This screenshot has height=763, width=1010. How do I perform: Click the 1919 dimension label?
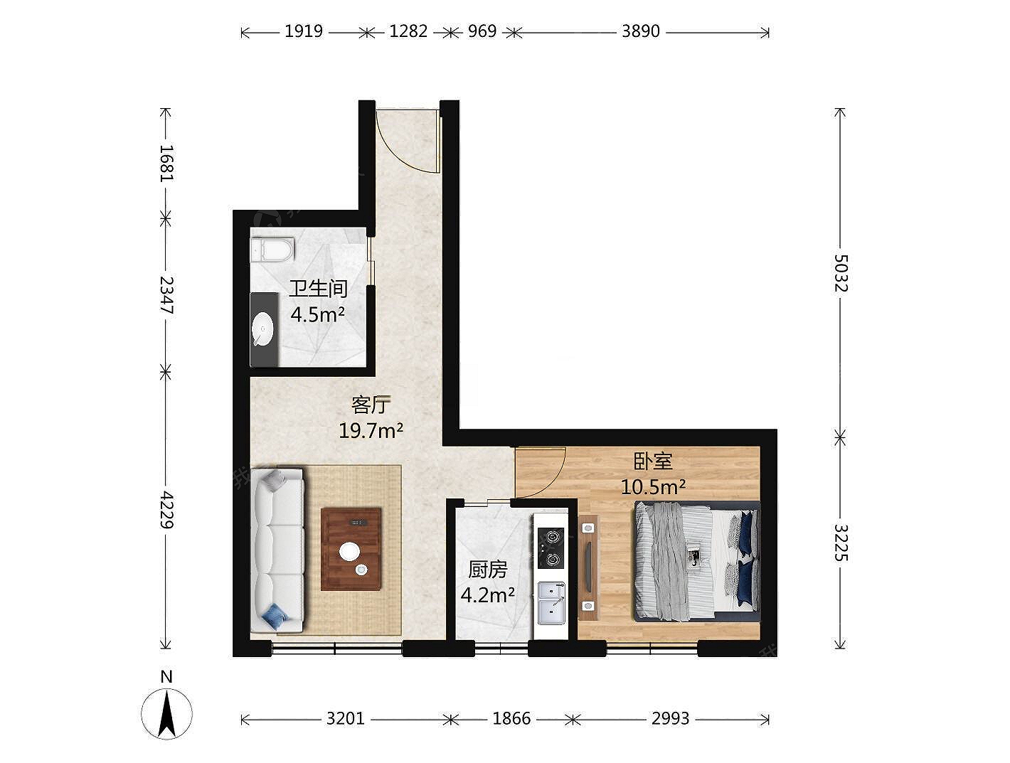[x=303, y=31]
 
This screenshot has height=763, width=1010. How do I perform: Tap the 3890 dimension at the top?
[x=641, y=31]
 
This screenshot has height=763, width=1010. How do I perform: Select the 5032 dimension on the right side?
[x=840, y=273]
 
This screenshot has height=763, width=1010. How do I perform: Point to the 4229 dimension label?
[x=166, y=510]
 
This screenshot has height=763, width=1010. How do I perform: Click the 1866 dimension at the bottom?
[x=511, y=718]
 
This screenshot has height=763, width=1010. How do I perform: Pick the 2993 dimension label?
[x=670, y=718]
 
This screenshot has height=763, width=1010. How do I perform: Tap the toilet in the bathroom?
[x=272, y=250]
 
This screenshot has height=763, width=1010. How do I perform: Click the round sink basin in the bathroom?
[x=263, y=329]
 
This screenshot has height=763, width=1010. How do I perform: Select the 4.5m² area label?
[x=317, y=315]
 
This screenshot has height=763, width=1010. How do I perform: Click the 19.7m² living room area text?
[x=371, y=431]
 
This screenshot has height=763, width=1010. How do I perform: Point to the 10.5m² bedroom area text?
[x=654, y=486]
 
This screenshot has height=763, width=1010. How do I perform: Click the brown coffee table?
[x=351, y=549]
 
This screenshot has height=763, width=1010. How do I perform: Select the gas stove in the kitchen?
[x=551, y=548]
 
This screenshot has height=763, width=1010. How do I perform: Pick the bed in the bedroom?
[x=696, y=562]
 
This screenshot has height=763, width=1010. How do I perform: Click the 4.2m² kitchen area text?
[x=488, y=596]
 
